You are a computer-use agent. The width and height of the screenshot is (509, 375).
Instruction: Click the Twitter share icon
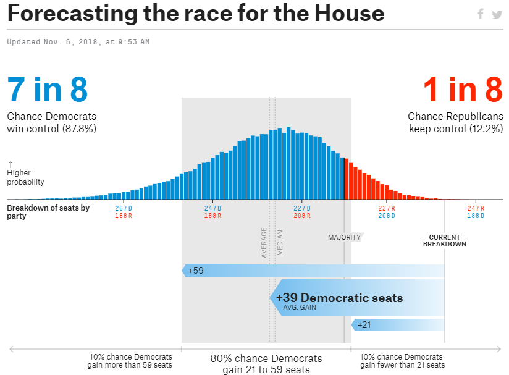click(x=497, y=14)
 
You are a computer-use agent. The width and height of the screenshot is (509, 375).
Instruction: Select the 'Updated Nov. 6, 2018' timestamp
click(x=78, y=42)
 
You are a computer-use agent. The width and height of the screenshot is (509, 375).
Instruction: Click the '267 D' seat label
click(x=124, y=208)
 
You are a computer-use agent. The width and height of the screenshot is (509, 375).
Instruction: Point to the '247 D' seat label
click(x=213, y=208)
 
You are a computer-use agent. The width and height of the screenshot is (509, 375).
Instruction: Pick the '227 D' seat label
click(x=302, y=208)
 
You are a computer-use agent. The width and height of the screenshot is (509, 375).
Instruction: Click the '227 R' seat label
click(x=387, y=208)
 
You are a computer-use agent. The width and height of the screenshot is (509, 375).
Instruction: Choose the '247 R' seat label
click(x=476, y=208)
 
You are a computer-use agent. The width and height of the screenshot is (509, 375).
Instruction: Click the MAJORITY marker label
click(x=344, y=237)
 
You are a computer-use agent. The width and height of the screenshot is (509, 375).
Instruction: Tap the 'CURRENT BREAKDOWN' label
click(x=445, y=240)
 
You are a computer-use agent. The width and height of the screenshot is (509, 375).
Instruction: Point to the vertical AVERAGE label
click(x=264, y=242)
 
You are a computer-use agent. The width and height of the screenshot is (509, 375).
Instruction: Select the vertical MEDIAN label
click(x=280, y=242)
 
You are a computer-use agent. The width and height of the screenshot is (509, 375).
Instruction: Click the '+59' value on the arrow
click(x=196, y=271)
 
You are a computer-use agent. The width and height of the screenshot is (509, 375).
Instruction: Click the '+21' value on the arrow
click(x=364, y=324)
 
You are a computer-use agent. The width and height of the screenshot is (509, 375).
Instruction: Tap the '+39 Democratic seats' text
click(x=339, y=298)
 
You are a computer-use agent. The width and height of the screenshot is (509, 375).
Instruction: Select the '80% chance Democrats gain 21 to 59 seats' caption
click(x=266, y=364)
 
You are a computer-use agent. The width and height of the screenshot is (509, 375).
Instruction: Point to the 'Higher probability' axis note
click(x=25, y=177)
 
